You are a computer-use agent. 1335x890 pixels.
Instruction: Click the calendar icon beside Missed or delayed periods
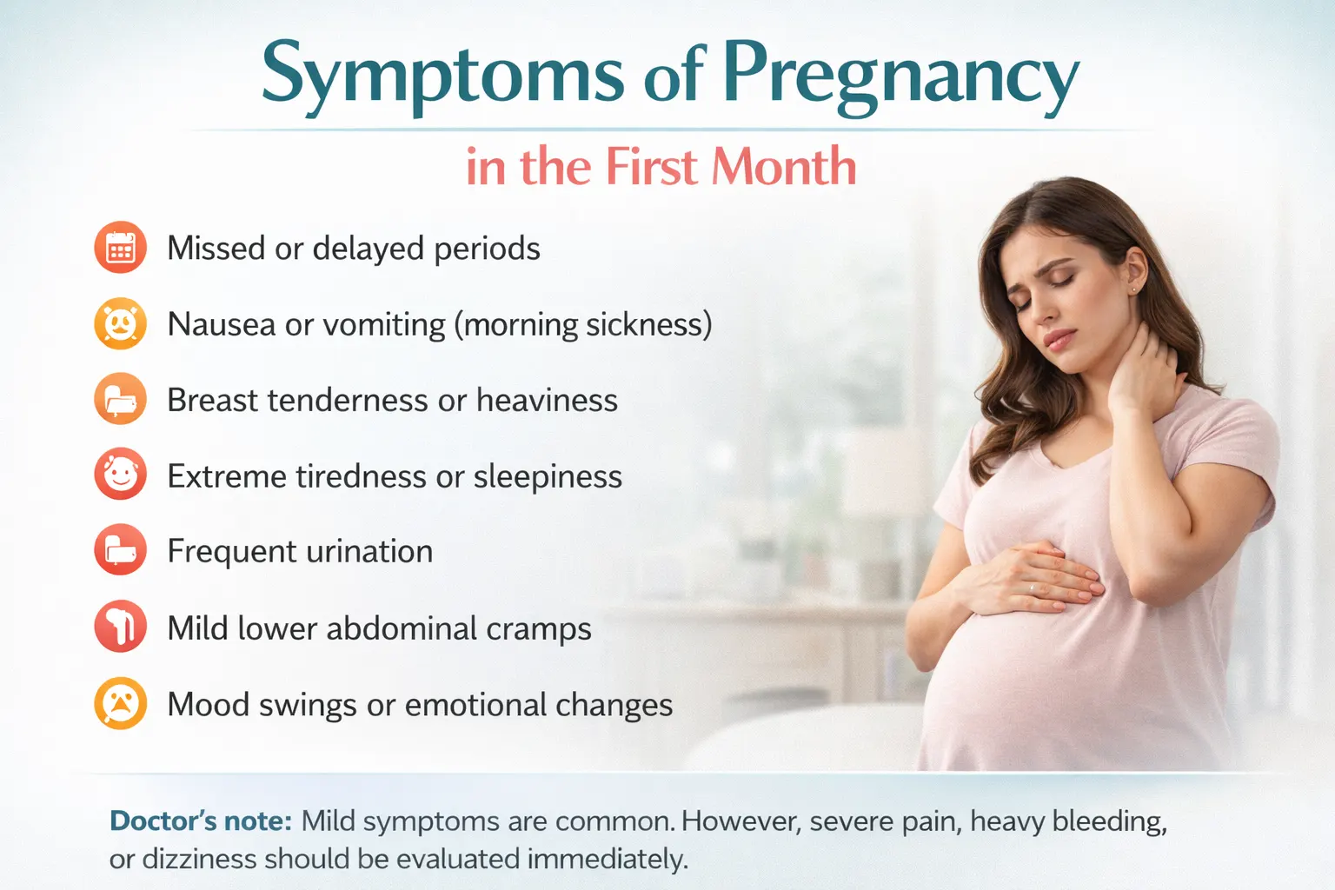[120, 248]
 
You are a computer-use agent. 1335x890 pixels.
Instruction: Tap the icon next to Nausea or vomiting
[120, 324]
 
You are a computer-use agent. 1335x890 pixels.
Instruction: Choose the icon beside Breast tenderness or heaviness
[120, 400]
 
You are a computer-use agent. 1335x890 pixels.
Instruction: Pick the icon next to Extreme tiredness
[120, 475]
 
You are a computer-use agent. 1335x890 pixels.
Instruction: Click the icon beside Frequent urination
[120, 551]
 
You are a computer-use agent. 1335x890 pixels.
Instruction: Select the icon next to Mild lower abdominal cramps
[120, 627]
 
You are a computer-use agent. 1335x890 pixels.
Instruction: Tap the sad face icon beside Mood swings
[120, 703]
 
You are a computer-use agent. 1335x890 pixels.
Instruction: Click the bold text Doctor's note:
[201, 821]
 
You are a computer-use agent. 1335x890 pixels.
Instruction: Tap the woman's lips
[1059, 337]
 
